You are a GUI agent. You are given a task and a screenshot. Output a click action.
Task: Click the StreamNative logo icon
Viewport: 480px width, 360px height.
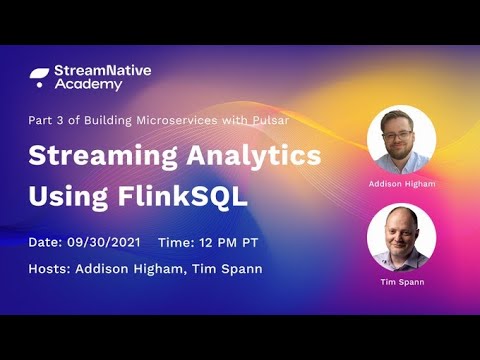[39, 77]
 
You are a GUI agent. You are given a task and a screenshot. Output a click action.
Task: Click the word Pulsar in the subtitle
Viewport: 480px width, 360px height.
[270, 121]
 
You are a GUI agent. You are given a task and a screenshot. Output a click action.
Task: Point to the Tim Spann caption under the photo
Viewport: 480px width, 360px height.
[401, 283]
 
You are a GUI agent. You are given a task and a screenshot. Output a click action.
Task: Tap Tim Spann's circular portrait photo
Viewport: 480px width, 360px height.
[401, 237]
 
